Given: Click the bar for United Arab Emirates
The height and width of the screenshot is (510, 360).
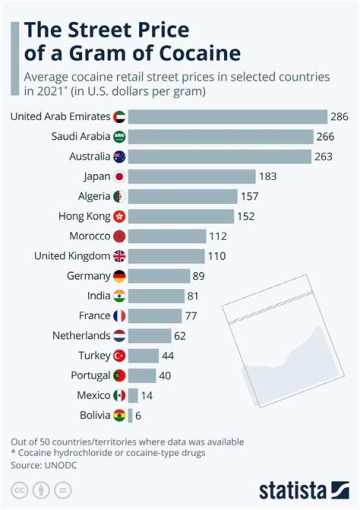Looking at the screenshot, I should pyautogui.click(x=227, y=117).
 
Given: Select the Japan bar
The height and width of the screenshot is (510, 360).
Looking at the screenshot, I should pyautogui.click(x=192, y=177).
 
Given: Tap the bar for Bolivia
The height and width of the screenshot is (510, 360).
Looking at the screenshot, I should pyautogui.click(x=130, y=415).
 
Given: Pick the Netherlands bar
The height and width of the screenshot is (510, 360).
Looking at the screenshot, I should pyautogui.click(x=149, y=336).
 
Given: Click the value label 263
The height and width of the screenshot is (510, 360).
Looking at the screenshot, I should pyautogui.click(x=323, y=157).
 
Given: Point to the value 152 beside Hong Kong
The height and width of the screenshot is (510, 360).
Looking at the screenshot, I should pyautogui.click(x=246, y=216).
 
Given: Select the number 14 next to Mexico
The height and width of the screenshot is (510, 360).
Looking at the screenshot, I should pyautogui.click(x=146, y=395).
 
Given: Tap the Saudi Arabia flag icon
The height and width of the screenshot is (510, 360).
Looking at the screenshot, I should pyautogui.click(x=119, y=137).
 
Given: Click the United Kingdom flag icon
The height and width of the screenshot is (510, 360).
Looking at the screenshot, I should pyautogui.click(x=119, y=256).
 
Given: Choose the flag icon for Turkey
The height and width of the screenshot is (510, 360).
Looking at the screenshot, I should pyautogui.click(x=119, y=356).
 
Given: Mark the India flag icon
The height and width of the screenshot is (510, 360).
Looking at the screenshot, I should pyautogui.click(x=119, y=296).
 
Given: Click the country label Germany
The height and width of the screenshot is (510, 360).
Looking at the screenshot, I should pyautogui.click(x=88, y=276).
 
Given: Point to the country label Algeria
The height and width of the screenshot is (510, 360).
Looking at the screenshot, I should pyautogui.click(x=94, y=196).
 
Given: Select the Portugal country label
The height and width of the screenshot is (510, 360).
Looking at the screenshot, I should pyautogui.click(x=90, y=375).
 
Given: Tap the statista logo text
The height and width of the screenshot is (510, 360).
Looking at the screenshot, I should pyautogui.click(x=292, y=490).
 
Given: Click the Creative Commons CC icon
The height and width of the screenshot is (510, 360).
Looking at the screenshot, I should pyautogui.click(x=19, y=489).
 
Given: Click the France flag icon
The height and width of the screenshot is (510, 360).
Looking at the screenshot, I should pyautogui.click(x=119, y=316).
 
